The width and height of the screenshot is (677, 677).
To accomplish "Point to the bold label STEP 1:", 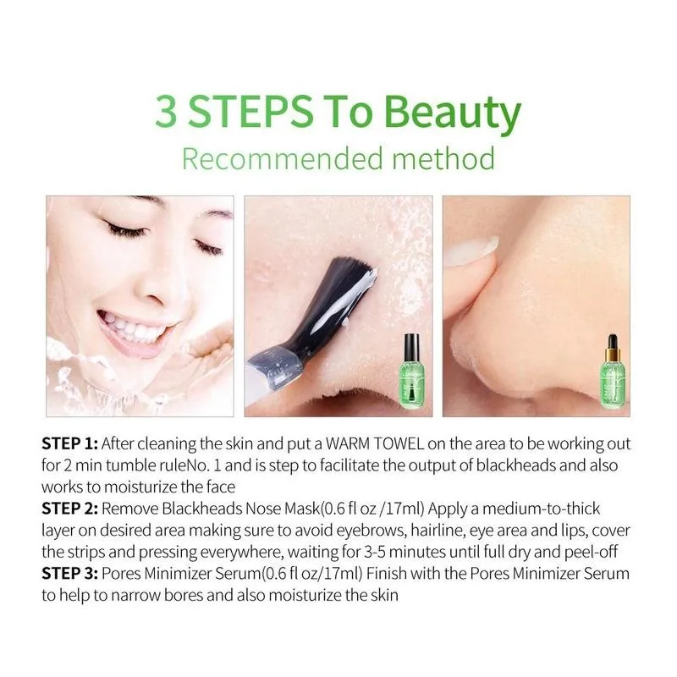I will click(x=70, y=444).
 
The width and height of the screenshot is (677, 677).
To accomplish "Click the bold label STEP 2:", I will click(x=70, y=509).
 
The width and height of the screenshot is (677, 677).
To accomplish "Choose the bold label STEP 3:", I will click(x=70, y=574).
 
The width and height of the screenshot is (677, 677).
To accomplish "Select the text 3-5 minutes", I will click(x=394, y=552).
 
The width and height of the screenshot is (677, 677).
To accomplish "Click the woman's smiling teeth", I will click(x=127, y=326).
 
